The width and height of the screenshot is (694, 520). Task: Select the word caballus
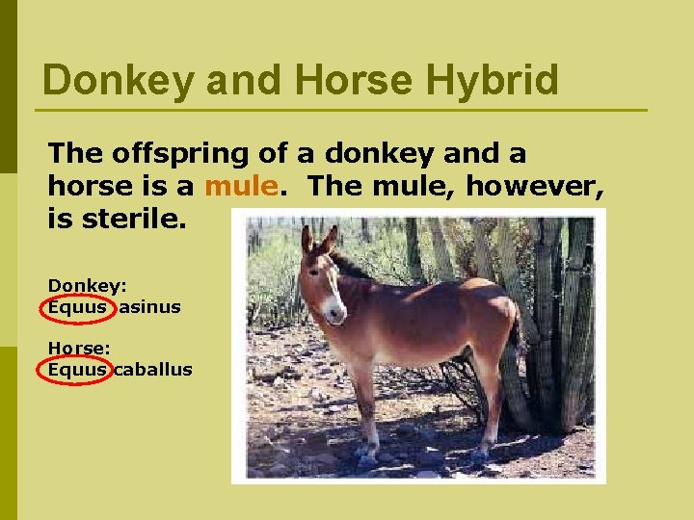pyautogui.click(x=152, y=370)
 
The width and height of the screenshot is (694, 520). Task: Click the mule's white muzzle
pyautogui.click(x=333, y=308)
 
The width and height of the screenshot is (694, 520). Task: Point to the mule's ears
pyautogui.click(x=319, y=239)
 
